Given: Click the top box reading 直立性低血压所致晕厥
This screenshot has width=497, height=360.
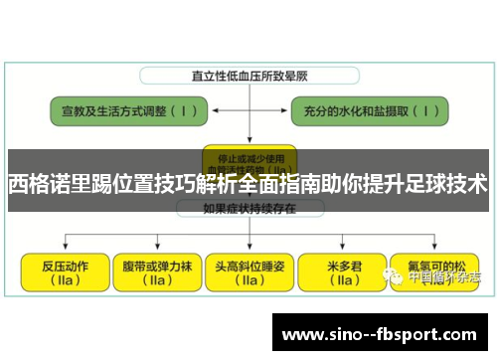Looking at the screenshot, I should (248, 76).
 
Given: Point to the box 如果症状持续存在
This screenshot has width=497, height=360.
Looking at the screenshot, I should (248, 208).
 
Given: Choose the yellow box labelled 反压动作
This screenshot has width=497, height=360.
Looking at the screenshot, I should (65, 272).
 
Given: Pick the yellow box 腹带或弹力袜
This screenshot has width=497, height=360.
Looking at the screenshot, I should (156, 272).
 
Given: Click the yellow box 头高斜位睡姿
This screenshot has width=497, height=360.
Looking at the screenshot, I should (248, 272).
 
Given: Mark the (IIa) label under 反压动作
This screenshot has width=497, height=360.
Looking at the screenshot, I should (65, 280).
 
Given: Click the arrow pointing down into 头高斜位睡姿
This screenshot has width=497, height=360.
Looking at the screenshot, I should (248, 243).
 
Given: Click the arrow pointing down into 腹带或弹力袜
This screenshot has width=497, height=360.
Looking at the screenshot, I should (156, 243).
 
